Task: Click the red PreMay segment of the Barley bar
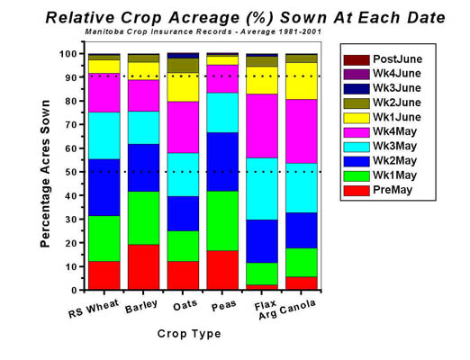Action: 144,267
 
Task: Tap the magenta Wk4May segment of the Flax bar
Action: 262,126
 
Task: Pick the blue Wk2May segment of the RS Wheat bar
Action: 104,187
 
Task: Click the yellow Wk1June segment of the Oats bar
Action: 183,87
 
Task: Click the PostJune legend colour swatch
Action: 357,59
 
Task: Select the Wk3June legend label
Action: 398,89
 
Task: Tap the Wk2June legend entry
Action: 398,103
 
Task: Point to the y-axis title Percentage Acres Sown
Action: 44,170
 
